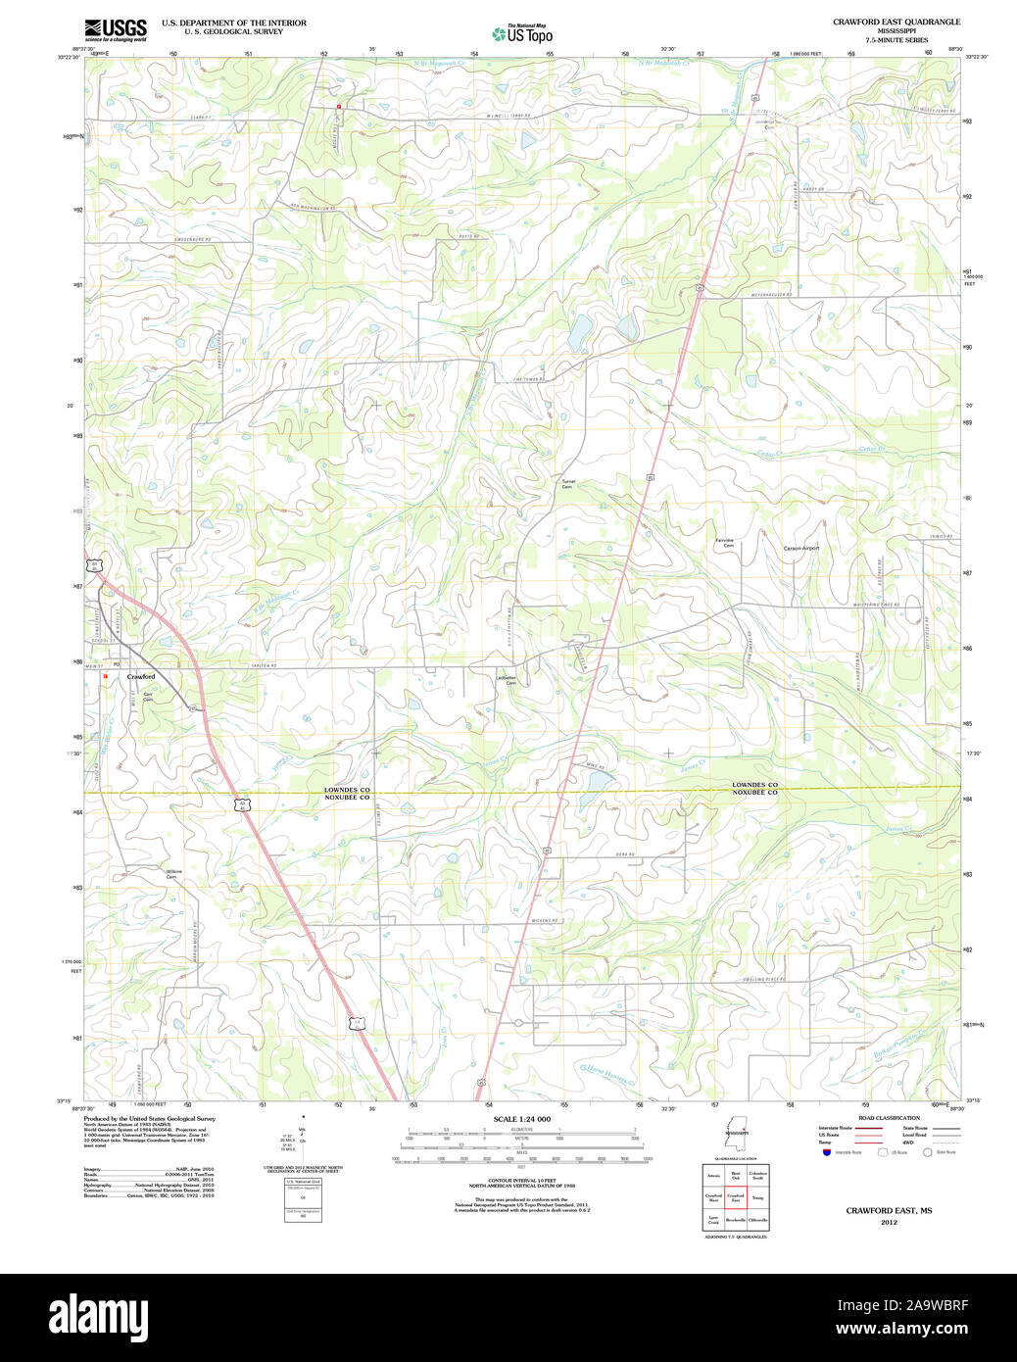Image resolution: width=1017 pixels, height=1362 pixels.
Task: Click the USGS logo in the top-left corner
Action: [x=115, y=28]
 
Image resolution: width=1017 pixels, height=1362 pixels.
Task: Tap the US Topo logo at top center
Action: [x=522, y=34]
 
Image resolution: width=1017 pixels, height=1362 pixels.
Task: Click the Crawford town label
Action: [x=141, y=677]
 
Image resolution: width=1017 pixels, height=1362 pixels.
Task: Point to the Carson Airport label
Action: [x=800, y=548]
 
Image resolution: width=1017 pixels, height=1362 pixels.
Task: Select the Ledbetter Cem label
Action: [x=507, y=680]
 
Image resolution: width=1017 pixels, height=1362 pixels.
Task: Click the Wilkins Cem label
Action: [x=173, y=873]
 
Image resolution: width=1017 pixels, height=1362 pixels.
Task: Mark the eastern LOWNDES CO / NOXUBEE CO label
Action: [x=754, y=788]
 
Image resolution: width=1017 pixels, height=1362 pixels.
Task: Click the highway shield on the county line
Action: [x=241, y=803]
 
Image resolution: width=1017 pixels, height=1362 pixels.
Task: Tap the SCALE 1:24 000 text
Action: [x=521, y=1119]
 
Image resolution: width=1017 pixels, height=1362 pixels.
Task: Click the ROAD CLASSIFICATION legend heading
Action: [x=889, y=1118]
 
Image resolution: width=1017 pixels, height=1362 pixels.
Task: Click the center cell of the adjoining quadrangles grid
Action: [x=735, y=1197]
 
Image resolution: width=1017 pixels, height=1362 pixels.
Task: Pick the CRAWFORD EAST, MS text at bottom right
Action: [x=889, y=1211]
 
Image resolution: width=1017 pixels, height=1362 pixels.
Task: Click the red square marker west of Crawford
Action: [x=105, y=675]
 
